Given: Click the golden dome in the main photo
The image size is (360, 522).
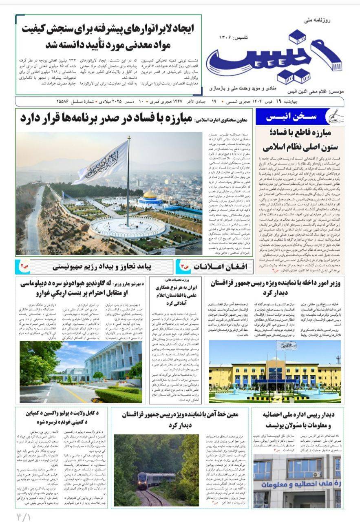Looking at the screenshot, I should (x=150, y=195).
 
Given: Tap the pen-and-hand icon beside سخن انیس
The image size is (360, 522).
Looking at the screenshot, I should (x=336, y=117).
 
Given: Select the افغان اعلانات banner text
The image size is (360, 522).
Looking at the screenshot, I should (x=216, y=266).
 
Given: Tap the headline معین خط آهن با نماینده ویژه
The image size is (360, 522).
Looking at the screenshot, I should (x=181, y=419).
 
